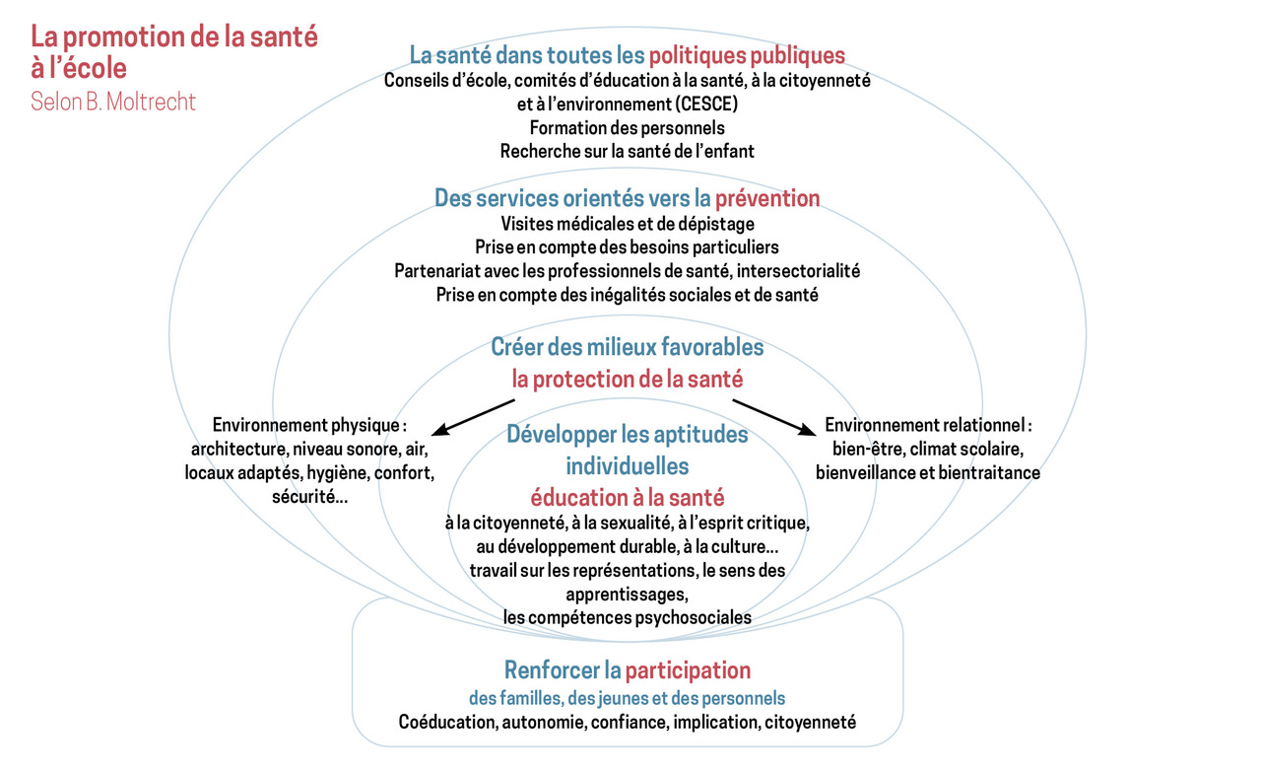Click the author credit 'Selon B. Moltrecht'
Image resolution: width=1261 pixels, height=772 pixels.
(113, 102)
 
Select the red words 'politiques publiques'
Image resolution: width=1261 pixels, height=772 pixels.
(747, 55)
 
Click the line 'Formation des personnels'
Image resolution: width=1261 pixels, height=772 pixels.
(628, 128)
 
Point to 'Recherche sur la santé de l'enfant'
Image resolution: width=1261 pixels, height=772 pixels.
(628, 152)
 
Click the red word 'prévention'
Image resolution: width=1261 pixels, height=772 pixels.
(767, 198)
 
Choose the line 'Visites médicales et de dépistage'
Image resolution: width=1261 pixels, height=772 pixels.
(628, 224)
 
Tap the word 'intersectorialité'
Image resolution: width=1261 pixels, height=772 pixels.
(798, 271)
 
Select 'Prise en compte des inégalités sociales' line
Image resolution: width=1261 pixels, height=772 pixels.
(628, 295)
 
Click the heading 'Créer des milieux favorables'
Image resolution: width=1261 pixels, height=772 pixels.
(628, 347)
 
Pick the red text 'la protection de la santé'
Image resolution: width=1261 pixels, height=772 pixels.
(628, 380)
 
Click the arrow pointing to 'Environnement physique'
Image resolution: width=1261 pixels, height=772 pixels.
(473, 418)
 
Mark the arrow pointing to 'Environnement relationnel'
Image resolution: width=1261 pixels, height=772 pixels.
(774, 418)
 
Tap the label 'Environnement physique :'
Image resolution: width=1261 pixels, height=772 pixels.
(309, 425)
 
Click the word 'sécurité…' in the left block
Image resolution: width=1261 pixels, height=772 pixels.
(309, 497)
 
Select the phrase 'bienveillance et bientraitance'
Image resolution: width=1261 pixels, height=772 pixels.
(928, 472)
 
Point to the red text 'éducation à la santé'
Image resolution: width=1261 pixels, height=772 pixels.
(628, 498)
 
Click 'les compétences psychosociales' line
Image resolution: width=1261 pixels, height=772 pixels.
(628, 617)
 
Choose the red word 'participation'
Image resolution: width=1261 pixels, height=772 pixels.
(688, 670)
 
